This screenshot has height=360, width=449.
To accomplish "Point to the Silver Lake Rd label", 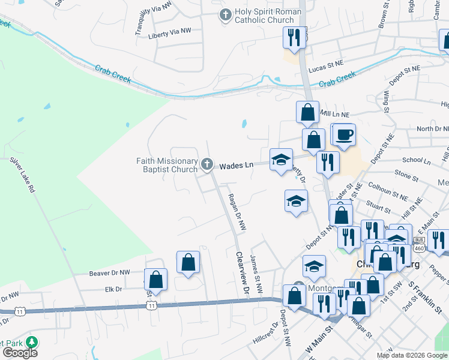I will [x=23, y=175].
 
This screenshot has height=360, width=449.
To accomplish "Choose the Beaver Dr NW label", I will [x=110, y=273].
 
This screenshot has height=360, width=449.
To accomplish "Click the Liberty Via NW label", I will [x=170, y=31].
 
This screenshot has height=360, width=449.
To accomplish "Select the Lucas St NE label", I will [x=325, y=69].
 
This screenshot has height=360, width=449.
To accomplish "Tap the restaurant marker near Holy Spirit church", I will [x=294, y=37].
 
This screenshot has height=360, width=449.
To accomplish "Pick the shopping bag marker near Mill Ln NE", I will [x=307, y=112].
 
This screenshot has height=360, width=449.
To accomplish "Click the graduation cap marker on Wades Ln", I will [x=280, y=160].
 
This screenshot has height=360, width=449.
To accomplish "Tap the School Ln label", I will [x=417, y=161].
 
